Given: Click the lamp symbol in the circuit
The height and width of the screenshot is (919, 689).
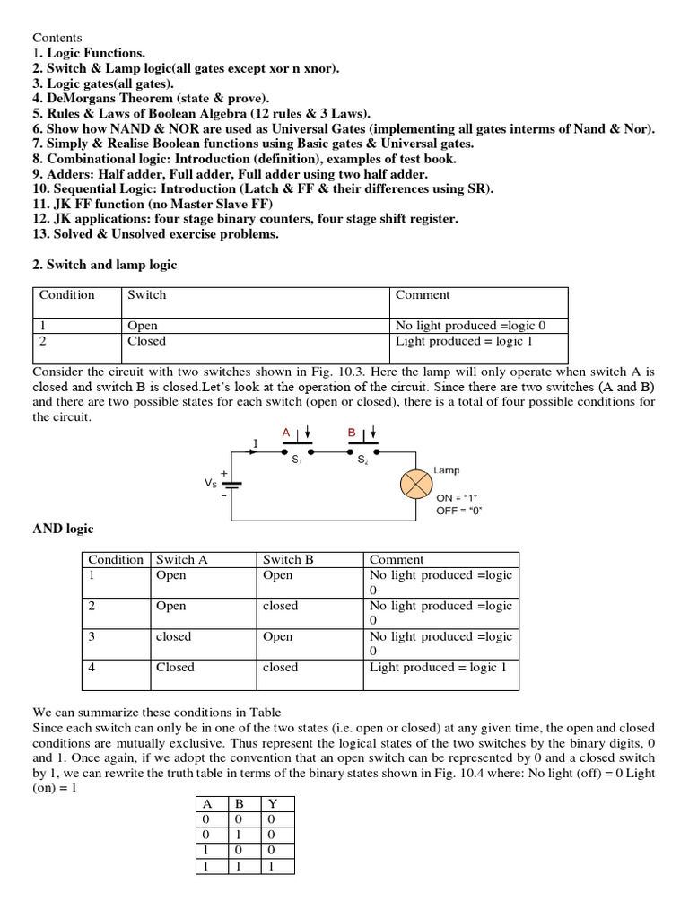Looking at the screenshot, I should (417, 484).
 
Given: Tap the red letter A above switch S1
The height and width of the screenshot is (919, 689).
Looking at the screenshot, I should (286, 433).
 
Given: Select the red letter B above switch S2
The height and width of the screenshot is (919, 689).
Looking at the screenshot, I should (353, 433).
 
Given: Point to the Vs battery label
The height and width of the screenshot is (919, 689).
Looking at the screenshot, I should (211, 482).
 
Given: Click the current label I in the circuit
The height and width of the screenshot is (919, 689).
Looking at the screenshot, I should (256, 443).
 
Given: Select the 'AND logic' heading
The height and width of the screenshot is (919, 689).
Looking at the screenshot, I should (63, 530).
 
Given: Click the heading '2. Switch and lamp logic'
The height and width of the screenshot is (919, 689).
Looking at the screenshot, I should (105, 265).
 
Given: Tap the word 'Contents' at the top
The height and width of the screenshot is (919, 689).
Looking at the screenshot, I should (57, 38).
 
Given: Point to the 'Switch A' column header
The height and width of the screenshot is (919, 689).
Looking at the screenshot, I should (182, 559).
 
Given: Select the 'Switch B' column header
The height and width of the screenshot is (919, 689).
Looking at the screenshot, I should (288, 559).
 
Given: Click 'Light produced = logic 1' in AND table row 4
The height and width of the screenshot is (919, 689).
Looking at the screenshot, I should (438, 667).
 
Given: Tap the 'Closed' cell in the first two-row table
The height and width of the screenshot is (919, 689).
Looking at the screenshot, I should (147, 341).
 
